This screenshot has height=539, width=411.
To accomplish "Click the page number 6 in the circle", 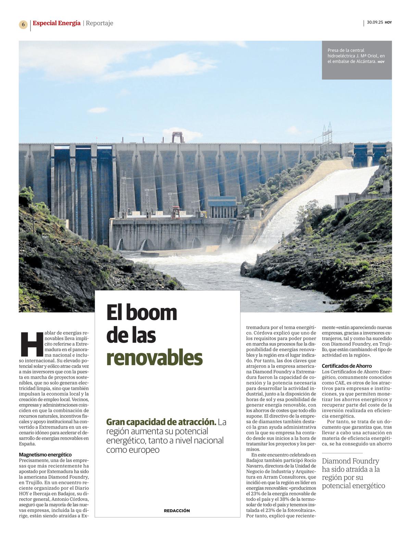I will pos(23,24).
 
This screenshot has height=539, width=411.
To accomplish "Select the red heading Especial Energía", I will pos(57,23).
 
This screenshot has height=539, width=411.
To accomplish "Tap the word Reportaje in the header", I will pos(99,23).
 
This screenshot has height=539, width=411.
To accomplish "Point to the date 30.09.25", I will pos(375,22).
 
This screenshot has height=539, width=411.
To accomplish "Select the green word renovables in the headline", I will pos(154,358).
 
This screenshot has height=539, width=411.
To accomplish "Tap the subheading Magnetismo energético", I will pos(45,454).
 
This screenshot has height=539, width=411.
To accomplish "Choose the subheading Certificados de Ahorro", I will pos(347,366).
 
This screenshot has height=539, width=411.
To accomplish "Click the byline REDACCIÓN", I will pos(177,510).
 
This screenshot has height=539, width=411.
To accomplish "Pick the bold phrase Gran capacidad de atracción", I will pos(161,422).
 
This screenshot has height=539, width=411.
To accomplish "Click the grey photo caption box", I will pos(357,60).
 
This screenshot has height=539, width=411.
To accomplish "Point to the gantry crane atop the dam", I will pos(178,137).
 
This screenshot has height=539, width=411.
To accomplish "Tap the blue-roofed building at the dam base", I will pos(222,206).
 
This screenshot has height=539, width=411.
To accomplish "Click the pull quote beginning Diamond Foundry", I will pos(353,473).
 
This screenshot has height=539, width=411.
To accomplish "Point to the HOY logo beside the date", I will pos(388,23).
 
